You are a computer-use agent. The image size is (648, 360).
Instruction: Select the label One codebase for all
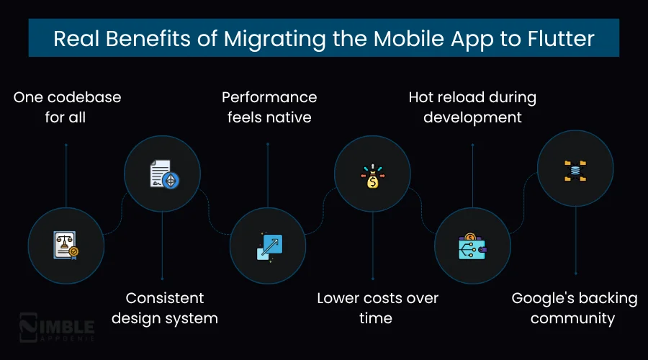(66, 107)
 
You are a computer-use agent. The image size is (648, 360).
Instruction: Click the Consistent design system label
(164, 307)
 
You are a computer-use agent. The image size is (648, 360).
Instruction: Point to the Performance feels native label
(269, 107)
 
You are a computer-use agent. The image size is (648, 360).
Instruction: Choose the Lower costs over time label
(377, 307)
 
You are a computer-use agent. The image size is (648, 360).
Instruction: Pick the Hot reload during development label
(472, 107)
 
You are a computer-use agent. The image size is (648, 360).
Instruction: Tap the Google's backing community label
(574, 307)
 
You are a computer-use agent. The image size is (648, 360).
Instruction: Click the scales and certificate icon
(66, 246)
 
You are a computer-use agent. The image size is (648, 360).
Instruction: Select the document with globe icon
(163, 174)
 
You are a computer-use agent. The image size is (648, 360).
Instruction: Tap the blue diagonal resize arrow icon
(269, 246)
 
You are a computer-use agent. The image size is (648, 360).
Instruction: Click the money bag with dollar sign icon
(372, 176)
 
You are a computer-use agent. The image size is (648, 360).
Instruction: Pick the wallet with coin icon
(472, 246)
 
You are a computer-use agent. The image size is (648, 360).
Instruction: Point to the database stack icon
(575, 170)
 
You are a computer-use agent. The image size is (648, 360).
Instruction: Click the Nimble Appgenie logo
(56, 327)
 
